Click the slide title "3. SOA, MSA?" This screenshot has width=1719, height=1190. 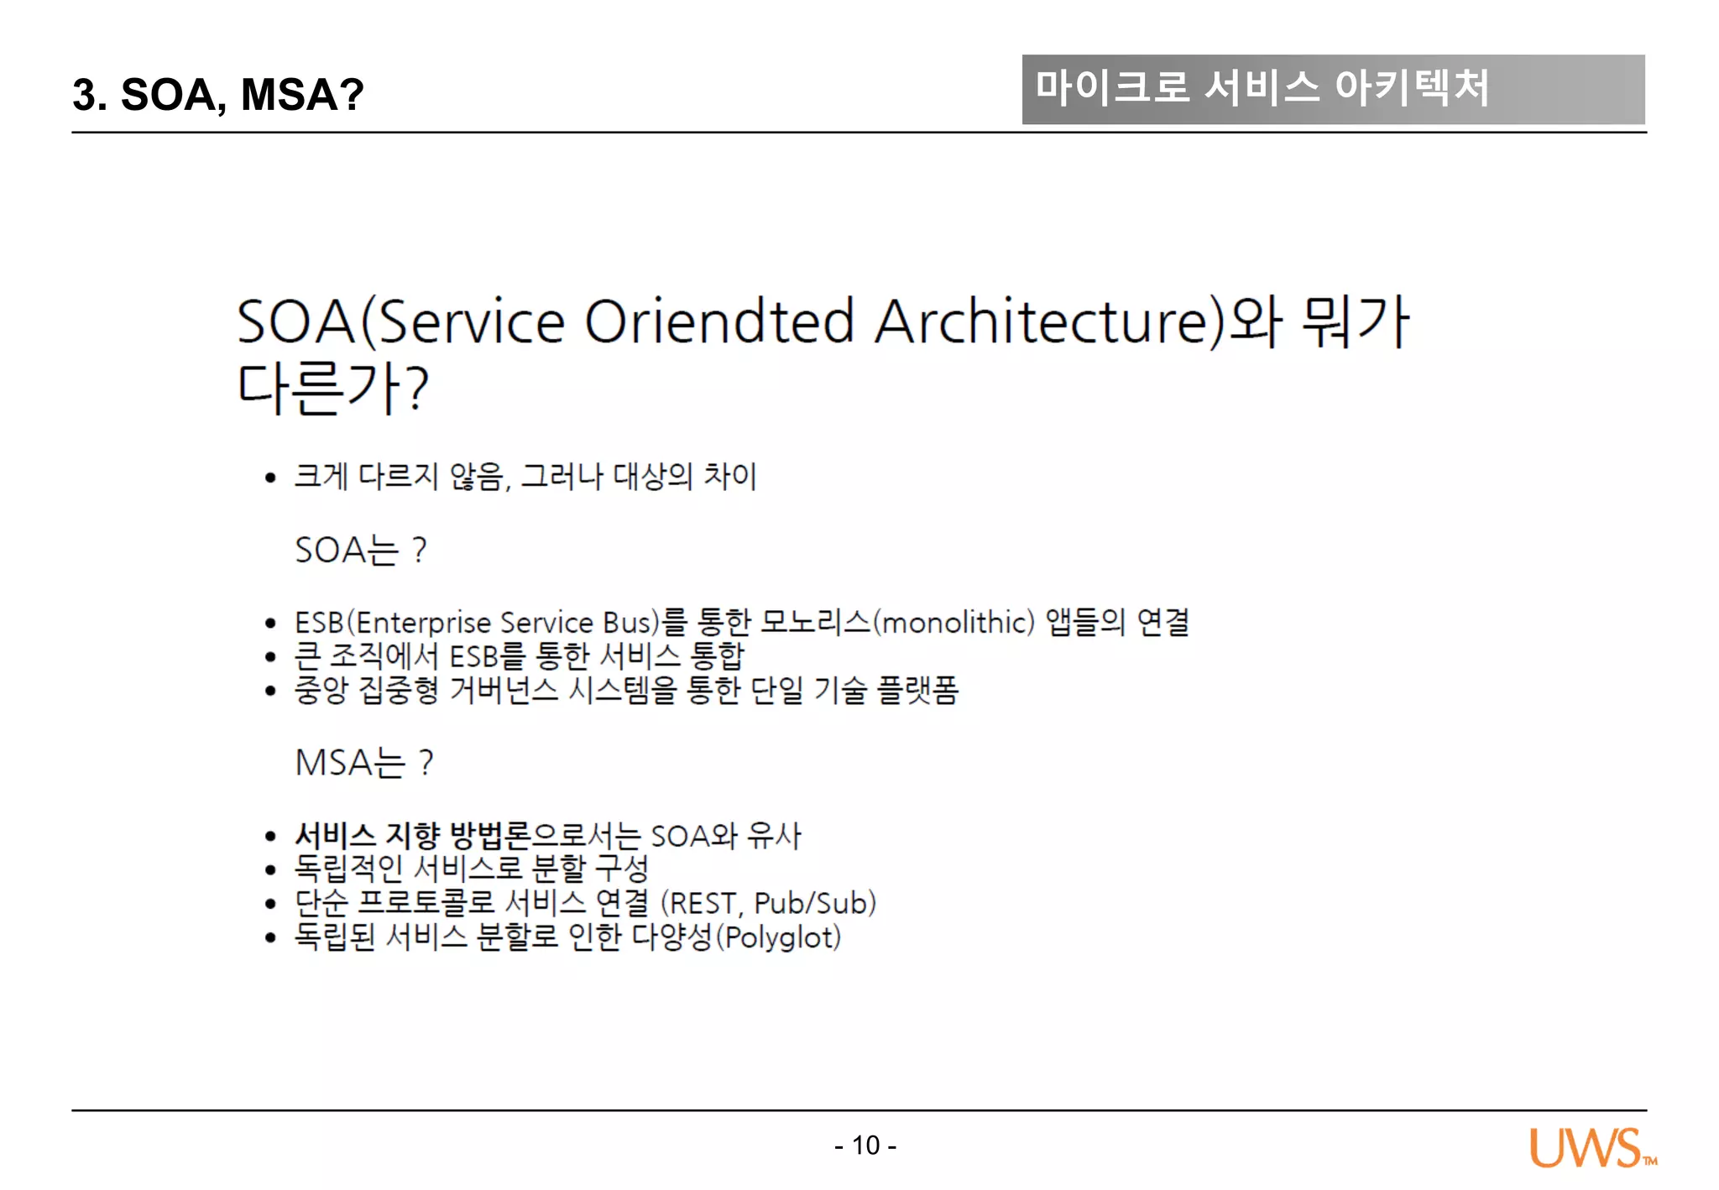tap(217, 94)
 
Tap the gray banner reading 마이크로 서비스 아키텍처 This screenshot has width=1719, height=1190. tap(1332, 89)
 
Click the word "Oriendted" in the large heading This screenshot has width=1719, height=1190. tap(718, 321)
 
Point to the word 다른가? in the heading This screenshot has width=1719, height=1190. tap(332, 389)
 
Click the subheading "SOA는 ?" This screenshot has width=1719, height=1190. tap(361, 551)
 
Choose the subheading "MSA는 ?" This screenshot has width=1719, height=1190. tap(364, 763)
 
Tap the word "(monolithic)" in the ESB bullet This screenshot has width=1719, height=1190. tap(954, 623)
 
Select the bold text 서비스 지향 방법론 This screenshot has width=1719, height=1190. tap(413, 836)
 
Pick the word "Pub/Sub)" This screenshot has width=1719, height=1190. tap(815, 903)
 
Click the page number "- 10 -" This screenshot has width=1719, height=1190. tap(865, 1145)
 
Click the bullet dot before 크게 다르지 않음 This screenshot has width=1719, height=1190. tap(270, 478)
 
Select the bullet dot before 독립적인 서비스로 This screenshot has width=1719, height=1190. tap(270, 869)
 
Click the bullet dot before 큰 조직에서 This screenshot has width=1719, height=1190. tap(270, 657)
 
